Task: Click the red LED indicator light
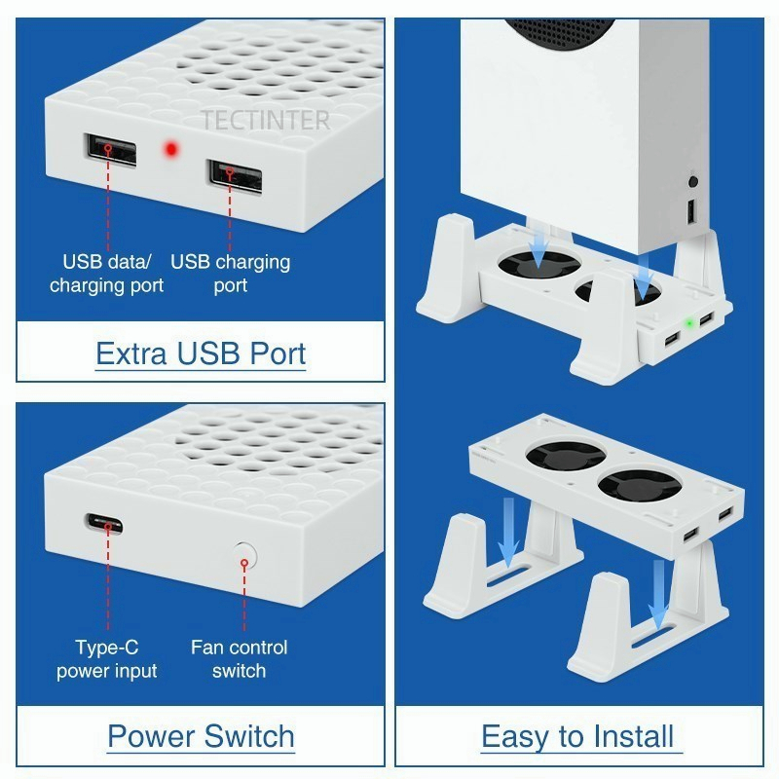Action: (171, 149)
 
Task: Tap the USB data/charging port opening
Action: (110, 150)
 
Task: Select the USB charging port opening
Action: (235, 176)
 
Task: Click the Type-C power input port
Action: (104, 524)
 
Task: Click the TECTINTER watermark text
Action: (265, 120)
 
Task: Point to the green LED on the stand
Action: (689, 324)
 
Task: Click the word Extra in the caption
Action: (131, 353)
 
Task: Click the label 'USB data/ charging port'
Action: (106, 274)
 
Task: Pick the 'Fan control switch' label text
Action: (239, 659)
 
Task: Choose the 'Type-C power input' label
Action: (107, 659)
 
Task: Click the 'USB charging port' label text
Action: (231, 274)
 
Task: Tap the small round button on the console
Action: (693, 181)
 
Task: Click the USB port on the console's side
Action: (691, 211)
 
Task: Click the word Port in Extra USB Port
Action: (278, 353)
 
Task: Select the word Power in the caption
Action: (153, 736)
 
